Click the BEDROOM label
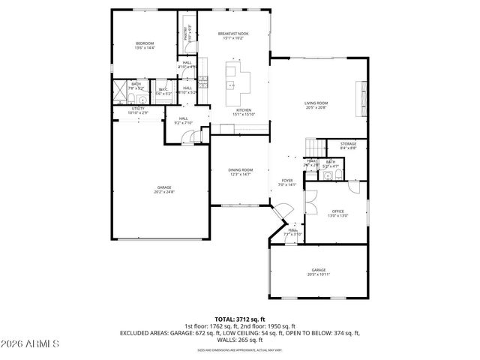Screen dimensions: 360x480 pyautogui.click(x=145, y=44)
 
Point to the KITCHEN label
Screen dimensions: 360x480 pyautogui.click(x=244, y=110)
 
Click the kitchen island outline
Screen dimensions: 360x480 pyautogui.click(x=238, y=78)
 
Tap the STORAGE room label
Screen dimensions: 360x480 pyautogui.click(x=348, y=143)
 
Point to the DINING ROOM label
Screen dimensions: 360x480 pyautogui.click(x=241, y=170)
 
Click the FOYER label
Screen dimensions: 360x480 pyautogui.click(x=287, y=181)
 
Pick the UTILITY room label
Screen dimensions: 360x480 pyautogui.click(x=138, y=109)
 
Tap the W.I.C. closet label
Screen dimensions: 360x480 pyautogui.click(x=163, y=90)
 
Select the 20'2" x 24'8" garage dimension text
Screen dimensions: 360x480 pyautogui.click(x=164, y=191)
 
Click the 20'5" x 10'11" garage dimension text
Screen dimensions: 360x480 pyautogui.click(x=319, y=274)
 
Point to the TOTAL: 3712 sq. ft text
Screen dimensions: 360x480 pyautogui.click(x=240, y=319)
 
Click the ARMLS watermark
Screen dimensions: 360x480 pyautogui.click(x=31, y=345)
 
